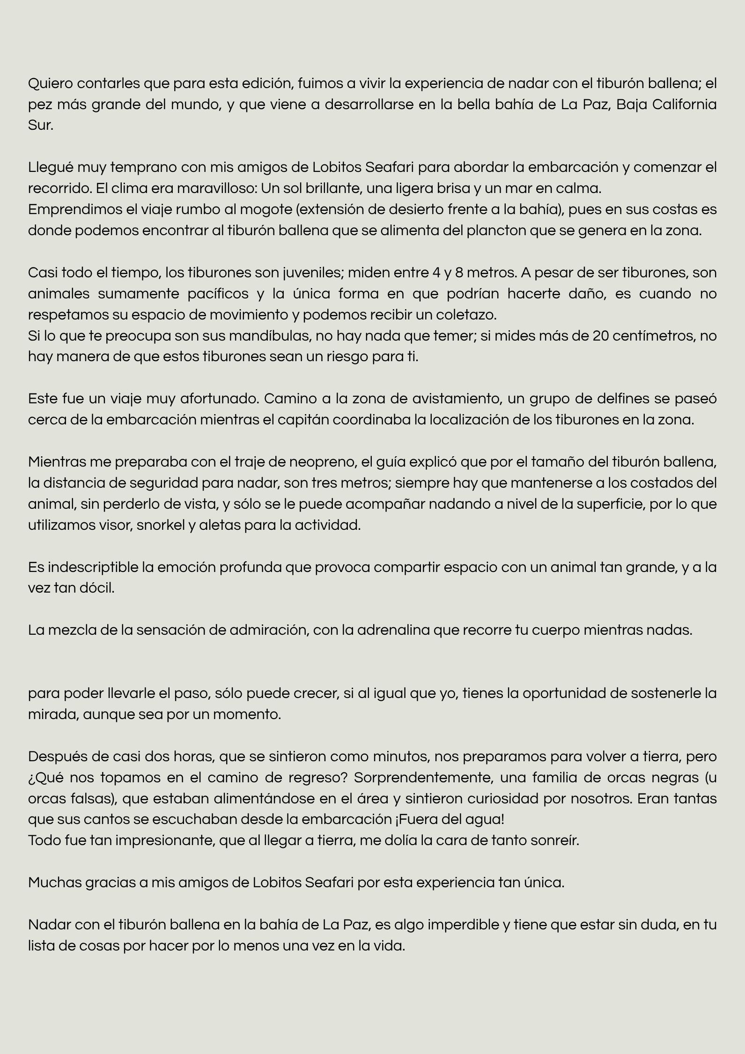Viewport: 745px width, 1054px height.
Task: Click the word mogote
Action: [x=265, y=209]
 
